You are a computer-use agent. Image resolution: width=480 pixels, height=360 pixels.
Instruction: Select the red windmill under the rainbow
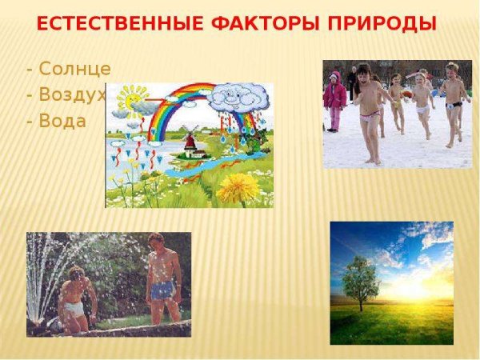click(x=191, y=142)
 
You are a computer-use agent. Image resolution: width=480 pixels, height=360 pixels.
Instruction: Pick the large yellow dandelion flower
click(x=238, y=189)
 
